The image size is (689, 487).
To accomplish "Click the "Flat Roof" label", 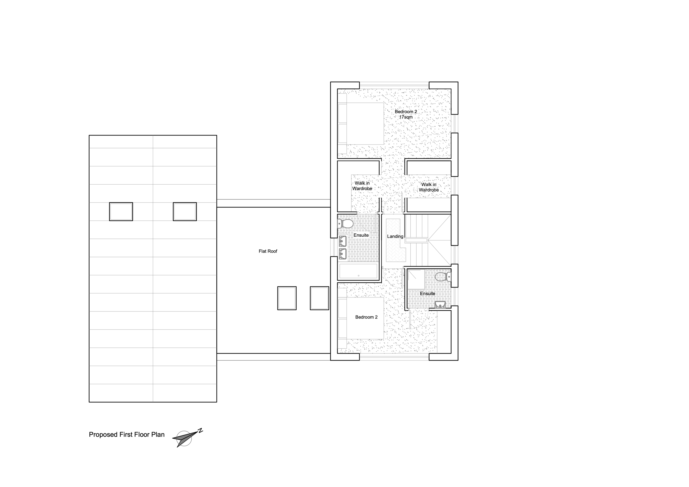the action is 268,251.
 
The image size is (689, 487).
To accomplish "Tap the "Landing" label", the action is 395,236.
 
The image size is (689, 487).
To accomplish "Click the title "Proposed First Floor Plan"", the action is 127,435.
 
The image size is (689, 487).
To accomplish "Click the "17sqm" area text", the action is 406,117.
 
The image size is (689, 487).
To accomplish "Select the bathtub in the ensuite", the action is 358,271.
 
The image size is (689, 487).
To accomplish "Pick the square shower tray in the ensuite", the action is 416,279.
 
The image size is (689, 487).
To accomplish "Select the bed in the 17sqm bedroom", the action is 361,124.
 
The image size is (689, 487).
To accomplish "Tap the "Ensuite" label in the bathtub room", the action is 361,235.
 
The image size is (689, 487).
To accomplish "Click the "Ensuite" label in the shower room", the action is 427,293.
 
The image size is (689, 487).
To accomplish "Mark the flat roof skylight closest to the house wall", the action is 319,298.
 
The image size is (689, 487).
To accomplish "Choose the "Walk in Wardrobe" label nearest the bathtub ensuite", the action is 362,186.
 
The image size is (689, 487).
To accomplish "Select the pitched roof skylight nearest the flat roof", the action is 185,212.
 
